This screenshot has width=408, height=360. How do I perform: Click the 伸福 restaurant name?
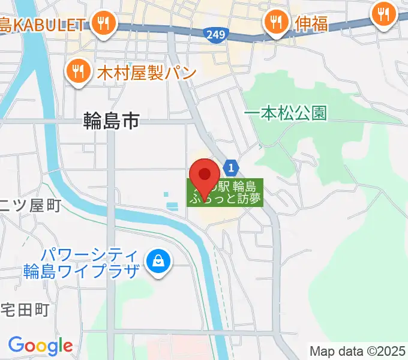tap(311, 24)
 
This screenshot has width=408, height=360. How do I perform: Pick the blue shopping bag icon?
tap(158, 262)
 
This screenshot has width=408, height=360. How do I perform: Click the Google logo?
tap(40, 345)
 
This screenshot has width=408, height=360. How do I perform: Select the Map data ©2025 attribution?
tap(358, 350)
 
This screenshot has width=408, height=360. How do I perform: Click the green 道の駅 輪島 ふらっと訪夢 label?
tap(225, 193)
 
